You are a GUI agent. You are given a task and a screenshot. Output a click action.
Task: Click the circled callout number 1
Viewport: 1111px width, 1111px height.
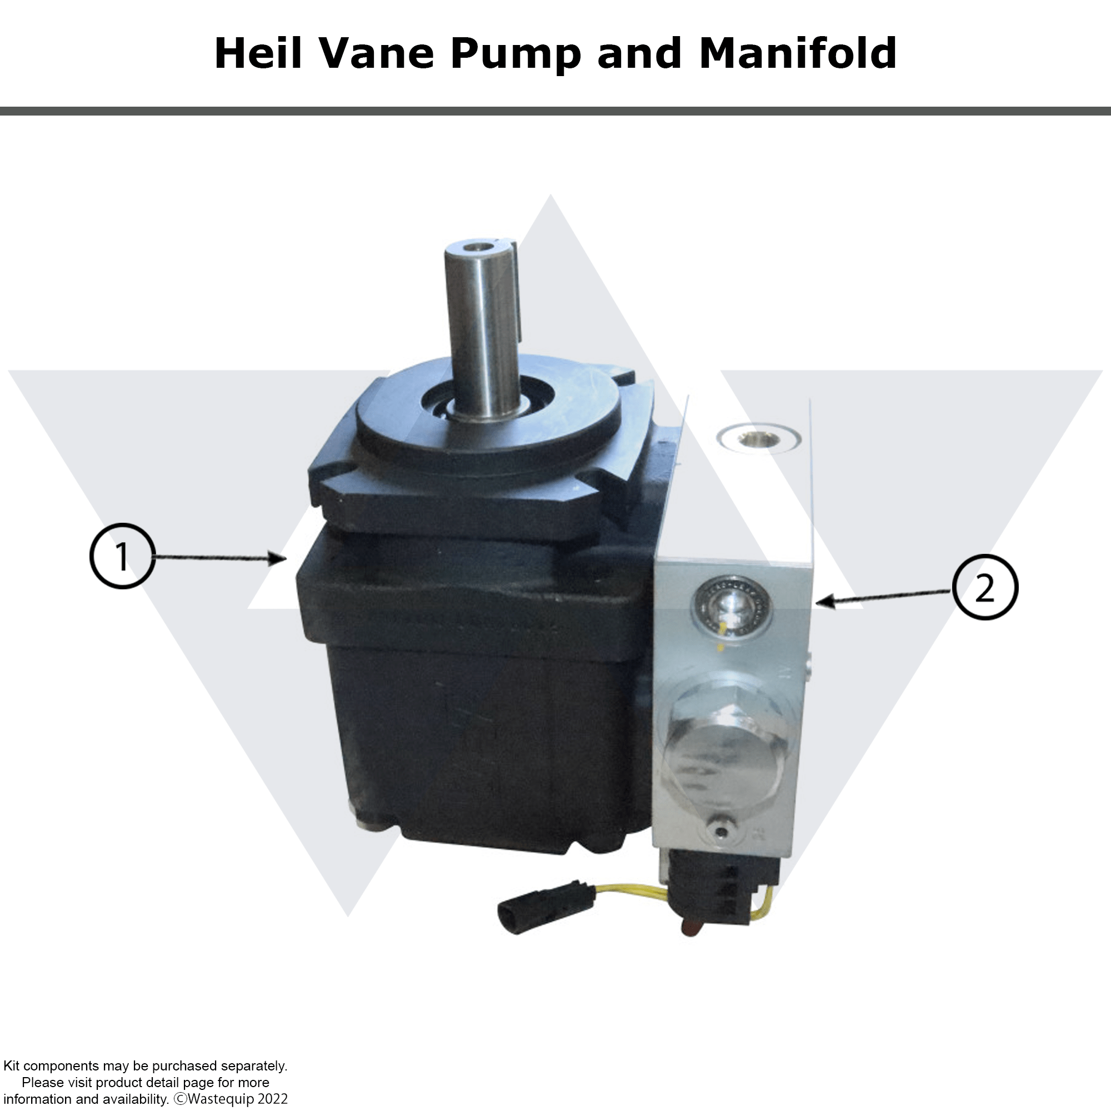tap(122, 556)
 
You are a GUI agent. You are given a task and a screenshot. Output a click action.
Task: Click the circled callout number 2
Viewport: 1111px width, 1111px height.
tap(985, 587)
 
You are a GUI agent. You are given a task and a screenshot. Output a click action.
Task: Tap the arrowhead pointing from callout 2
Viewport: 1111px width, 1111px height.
tap(823, 602)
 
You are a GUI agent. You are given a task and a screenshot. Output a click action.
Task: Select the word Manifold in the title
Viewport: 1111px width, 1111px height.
tap(798, 53)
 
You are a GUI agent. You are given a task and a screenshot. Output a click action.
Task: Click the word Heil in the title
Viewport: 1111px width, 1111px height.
tap(258, 53)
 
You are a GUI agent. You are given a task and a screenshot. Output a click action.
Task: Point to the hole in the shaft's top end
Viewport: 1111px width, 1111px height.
tap(477, 247)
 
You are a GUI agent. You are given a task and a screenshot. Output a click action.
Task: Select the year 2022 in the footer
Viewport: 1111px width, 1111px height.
tap(272, 1099)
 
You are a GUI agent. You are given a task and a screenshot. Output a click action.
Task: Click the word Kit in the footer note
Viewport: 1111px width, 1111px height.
tap(12, 1066)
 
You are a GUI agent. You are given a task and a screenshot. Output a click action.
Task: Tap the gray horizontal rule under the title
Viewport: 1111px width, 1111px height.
tap(555, 111)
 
